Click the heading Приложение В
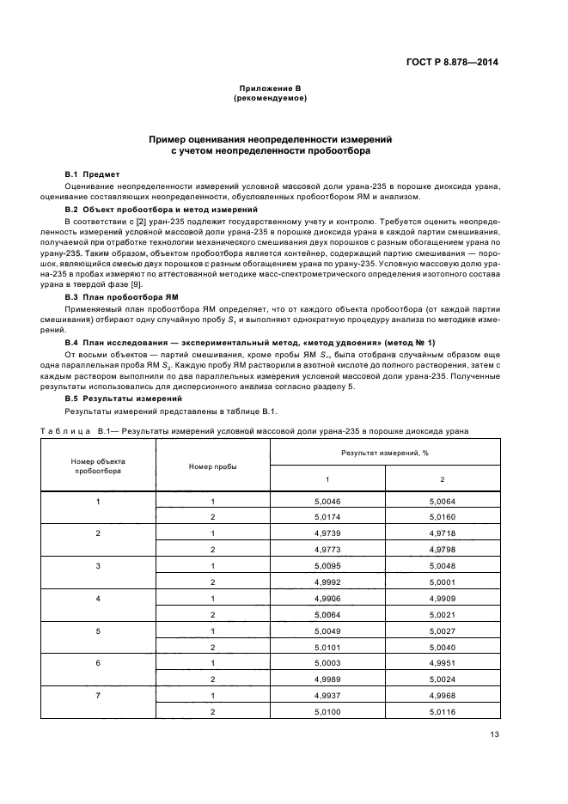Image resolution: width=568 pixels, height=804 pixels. click(271, 89)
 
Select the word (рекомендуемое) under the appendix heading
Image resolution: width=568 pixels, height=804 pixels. click(271, 99)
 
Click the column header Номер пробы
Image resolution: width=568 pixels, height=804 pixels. click(213, 466)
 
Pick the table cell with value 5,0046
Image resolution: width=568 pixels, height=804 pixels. click(327, 501)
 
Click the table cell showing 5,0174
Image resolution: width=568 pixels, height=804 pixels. click(327, 517)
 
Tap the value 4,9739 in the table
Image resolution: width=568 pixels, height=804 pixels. click(327, 533)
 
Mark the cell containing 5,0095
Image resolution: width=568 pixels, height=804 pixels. click(327, 566)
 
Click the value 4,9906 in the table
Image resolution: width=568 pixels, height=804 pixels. click(327, 598)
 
